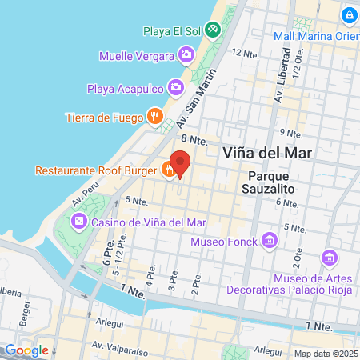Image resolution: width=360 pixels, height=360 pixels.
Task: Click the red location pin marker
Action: [x=180, y=162]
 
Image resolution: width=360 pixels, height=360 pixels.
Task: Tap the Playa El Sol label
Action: [x=171, y=31]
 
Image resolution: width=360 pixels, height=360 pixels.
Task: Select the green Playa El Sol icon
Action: [x=212, y=31]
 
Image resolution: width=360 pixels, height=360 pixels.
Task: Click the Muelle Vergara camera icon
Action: [x=186, y=55]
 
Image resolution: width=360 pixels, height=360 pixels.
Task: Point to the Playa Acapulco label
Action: [x=126, y=87]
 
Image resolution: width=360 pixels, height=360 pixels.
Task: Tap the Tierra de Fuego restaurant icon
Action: [x=155, y=118]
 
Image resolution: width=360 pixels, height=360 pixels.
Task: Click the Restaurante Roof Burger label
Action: [x=96, y=170]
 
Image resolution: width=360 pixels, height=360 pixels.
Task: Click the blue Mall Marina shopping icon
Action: [x=349, y=16]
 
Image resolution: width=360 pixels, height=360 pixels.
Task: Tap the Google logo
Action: [x=26, y=350]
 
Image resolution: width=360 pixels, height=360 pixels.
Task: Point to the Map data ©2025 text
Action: [x=324, y=353]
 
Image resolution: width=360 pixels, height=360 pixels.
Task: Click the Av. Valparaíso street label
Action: [x=119, y=346]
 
